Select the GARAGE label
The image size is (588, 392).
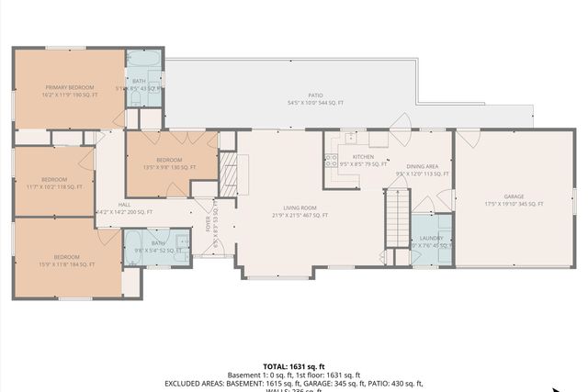tap(513, 199)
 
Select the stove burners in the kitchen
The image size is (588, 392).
tap(331, 160)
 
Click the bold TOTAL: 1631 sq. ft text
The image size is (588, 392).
tap(293, 364)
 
